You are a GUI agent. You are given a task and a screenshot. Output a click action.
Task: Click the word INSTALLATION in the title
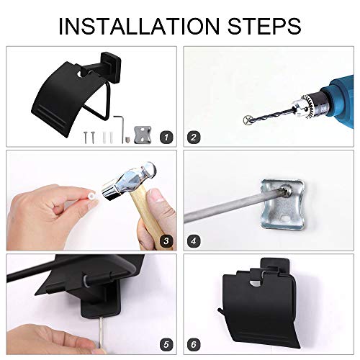pos(139,26)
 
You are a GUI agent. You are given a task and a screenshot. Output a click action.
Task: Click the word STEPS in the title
pos(265,26)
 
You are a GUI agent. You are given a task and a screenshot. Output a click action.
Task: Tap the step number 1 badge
pos(166,138)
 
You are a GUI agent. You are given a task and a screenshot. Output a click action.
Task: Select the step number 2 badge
pos(194,138)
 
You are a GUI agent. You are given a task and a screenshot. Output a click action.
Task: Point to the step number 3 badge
pos(166,240)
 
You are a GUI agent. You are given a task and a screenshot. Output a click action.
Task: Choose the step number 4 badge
pos(194,240)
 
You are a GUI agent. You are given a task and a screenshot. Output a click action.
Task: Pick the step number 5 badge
pos(166,345)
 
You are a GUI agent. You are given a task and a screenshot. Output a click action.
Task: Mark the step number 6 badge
pos(194,345)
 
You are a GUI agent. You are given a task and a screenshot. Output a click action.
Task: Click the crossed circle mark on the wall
pos(247,120)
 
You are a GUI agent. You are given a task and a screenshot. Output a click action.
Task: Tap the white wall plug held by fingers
pos(92,197)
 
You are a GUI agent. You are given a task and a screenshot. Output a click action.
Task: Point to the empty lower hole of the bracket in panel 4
pos(285,218)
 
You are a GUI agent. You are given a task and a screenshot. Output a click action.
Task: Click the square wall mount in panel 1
pos(111,60)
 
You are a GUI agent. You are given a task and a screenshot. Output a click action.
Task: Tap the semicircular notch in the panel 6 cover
pos(257,284)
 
